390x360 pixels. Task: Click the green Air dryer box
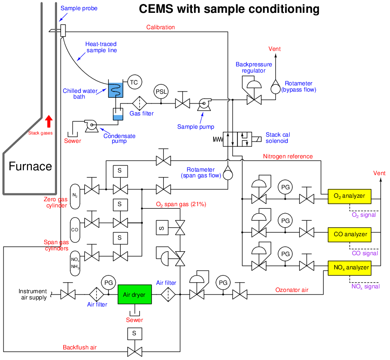click(x=134, y=295)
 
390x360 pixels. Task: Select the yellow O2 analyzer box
click(x=349, y=195)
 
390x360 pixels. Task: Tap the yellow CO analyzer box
click(x=349, y=234)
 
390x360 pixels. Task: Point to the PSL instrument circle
click(x=161, y=92)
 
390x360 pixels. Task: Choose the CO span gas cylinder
click(x=75, y=230)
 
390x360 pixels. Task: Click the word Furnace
click(x=31, y=166)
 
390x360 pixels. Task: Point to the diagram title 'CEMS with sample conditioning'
click(x=229, y=9)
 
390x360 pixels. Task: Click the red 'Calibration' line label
click(x=161, y=27)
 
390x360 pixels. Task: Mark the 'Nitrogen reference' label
click(x=288, y=157)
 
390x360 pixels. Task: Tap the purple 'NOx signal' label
click(x=365, y=286)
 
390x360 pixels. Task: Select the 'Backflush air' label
click(x=80, y=348)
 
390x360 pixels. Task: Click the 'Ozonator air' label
click(x=292, y=290)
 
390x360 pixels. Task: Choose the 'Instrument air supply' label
click(x=33, y=294)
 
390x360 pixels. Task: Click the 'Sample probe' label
click(x=79, y=8)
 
